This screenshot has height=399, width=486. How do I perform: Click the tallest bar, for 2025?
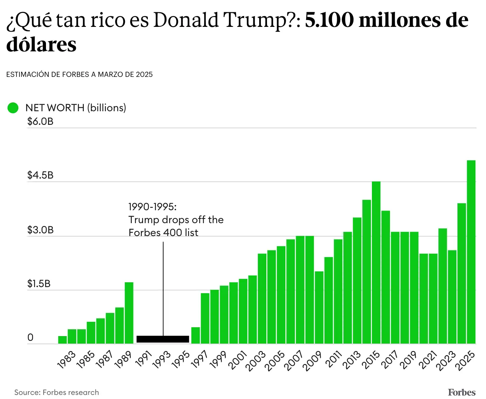click(x=471, y=252)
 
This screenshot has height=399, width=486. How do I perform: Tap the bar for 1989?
click(x=129, y=313)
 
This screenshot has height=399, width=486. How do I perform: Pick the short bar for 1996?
click(x=195, y=335)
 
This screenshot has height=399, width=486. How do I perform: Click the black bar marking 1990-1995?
click(x=163, y=339)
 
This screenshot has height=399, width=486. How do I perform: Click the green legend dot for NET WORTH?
click(x=13, y=108)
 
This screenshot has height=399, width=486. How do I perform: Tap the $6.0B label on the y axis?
click(x=40, y=121)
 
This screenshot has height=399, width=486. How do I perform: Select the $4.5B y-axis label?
click(x=40, y=175)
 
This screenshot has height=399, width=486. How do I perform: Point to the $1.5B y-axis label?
click(x=39, y=284)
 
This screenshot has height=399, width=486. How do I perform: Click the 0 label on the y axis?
click(x=30, y=338)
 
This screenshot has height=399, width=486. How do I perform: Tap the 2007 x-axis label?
click(x=294, y=361)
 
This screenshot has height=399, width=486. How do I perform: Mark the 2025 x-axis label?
click(x=466, y=361)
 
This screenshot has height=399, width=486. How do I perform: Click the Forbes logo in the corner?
click(x=461, y=392)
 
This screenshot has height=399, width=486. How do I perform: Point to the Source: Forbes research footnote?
click(x=57, y=392)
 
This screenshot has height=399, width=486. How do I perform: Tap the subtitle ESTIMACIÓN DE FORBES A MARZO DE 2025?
click(x=79, y=74)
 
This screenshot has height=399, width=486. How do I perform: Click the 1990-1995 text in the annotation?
click(x=152, y=207)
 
